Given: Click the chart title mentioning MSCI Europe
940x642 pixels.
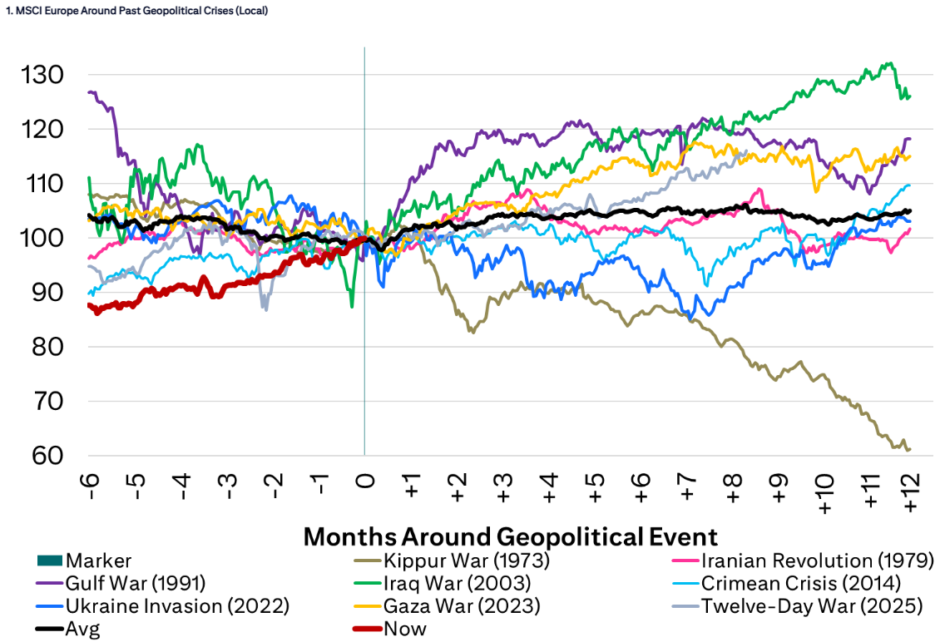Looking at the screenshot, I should (x=136, y=11).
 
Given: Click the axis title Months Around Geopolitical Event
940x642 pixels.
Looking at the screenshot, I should (x=510, y=536).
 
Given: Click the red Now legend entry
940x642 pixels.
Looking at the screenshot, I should (x=404, y=629).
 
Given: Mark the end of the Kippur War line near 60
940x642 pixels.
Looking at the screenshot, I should (x=909, y=449).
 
